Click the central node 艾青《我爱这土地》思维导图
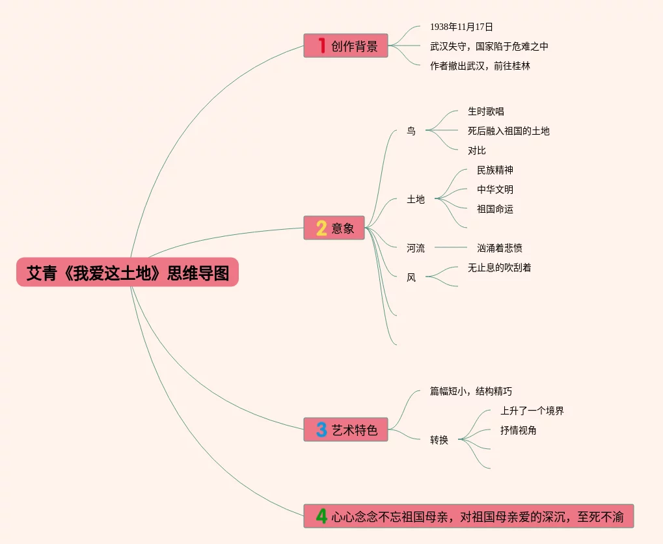128,273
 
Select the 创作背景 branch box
345,46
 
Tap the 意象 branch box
334,228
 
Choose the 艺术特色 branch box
345,429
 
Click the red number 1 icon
321,46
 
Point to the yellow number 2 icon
321,228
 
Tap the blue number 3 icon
321,429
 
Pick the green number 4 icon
321,517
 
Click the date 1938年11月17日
461,27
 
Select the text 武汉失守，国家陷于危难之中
489,46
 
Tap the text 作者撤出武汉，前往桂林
480,66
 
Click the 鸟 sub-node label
411,131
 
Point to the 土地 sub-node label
416,199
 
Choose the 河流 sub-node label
416,248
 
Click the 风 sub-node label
411,277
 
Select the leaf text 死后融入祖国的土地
509,131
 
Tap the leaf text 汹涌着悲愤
500,248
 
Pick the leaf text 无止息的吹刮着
500,267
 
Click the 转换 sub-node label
439,440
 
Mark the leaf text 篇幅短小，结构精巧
471,391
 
